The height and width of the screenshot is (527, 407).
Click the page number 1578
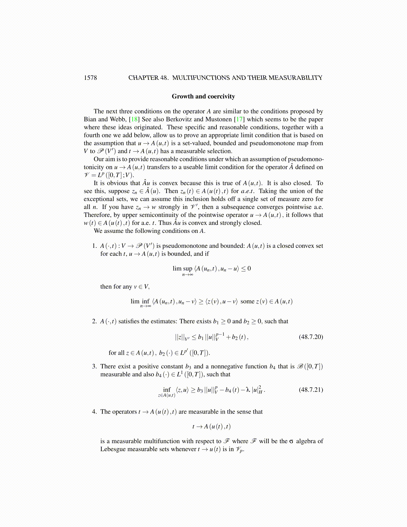90,78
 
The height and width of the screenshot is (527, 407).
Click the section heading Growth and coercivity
203,96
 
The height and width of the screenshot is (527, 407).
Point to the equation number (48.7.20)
311,337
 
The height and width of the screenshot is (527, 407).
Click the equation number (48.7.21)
311,390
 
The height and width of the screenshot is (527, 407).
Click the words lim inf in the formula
140,301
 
